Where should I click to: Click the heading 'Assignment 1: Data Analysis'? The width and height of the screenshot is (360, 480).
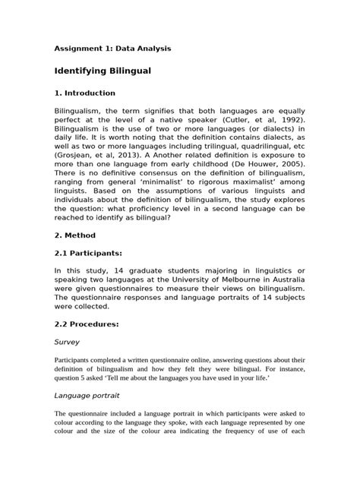pyautogui.click(x=112, y=49)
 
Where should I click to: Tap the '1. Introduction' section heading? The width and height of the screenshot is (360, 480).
pyautogui.click(x=84, y=93)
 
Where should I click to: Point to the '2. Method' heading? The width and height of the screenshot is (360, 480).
pyautogui.click(x=75, y=236)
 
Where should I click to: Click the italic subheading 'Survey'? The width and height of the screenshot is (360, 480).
pyautogui.click(x=68, y=342)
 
